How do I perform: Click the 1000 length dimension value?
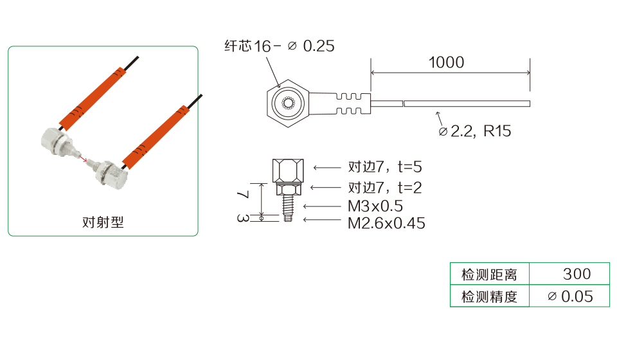tap(446, 62)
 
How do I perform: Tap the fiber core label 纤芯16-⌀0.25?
tap(280, 46)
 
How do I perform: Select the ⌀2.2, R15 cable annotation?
tap(475, 131)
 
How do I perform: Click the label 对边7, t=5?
tap(385, 166)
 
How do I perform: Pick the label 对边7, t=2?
tap(385, 188)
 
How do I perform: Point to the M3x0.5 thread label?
tap(375, 206)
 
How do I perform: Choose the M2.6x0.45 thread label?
tap(386, 223)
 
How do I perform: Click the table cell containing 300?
tap(569, 273)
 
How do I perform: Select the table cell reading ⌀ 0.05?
tap(569, 296)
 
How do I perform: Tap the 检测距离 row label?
tap(490, 274)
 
